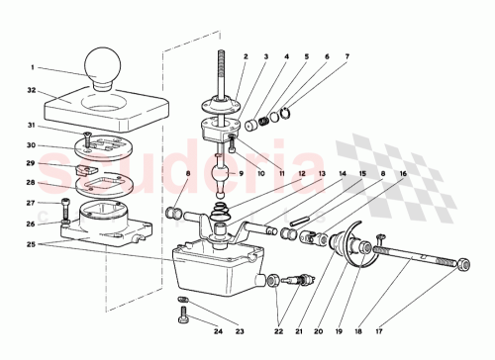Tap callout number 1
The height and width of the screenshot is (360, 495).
click(32, 67)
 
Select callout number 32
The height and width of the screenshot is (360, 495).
click(32, 90)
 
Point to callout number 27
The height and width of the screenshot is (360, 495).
click(31, 203)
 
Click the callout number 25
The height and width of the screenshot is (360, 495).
click(31, 244)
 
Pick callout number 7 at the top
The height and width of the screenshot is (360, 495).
click(346, 57)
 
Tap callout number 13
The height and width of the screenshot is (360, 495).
click(322, 173)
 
